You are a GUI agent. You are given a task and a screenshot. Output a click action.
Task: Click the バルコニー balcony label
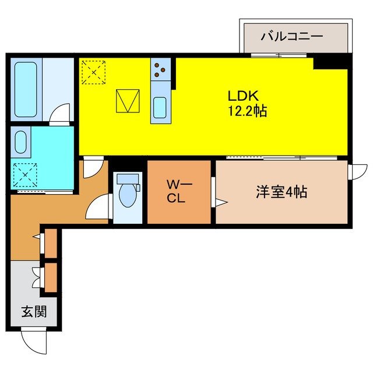[x=291, y=37]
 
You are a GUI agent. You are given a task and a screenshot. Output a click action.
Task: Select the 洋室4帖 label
[x=281, y=192]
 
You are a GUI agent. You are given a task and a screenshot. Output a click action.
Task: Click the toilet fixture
[x=126, y=192]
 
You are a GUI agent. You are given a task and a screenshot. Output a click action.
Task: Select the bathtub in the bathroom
[x=26, y=89]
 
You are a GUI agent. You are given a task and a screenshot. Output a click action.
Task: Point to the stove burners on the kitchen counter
[x=160, y=71]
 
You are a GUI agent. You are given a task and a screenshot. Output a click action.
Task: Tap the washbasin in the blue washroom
[x=20, y=142]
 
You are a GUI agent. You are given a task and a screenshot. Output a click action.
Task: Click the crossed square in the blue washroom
[x=24, y=173]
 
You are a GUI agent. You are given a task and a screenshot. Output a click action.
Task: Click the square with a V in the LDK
[x=128, y=101]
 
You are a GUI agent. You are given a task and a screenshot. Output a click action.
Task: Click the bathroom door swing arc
[x=59, y=114]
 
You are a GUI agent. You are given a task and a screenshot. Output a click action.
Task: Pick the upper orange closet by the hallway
[x=51, y=242]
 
